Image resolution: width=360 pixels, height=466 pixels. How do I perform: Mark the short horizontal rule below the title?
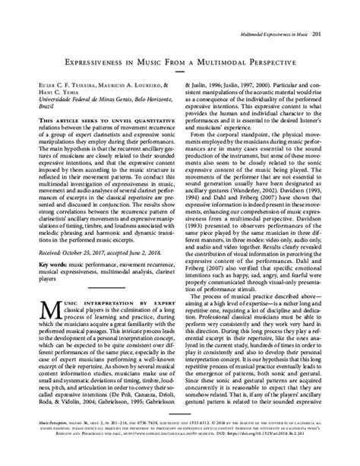pyautogui.click(x=179, y=62)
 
